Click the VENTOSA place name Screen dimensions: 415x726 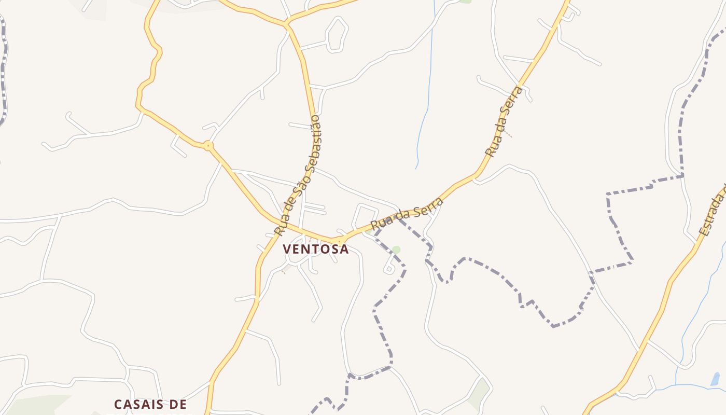[316, 249]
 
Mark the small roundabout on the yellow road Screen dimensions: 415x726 [208, 146]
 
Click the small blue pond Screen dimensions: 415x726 [716, 379]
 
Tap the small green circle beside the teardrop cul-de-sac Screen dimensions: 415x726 [396, 250]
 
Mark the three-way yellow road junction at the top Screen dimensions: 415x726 [286, 24]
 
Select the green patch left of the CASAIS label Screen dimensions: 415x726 [36, 405]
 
